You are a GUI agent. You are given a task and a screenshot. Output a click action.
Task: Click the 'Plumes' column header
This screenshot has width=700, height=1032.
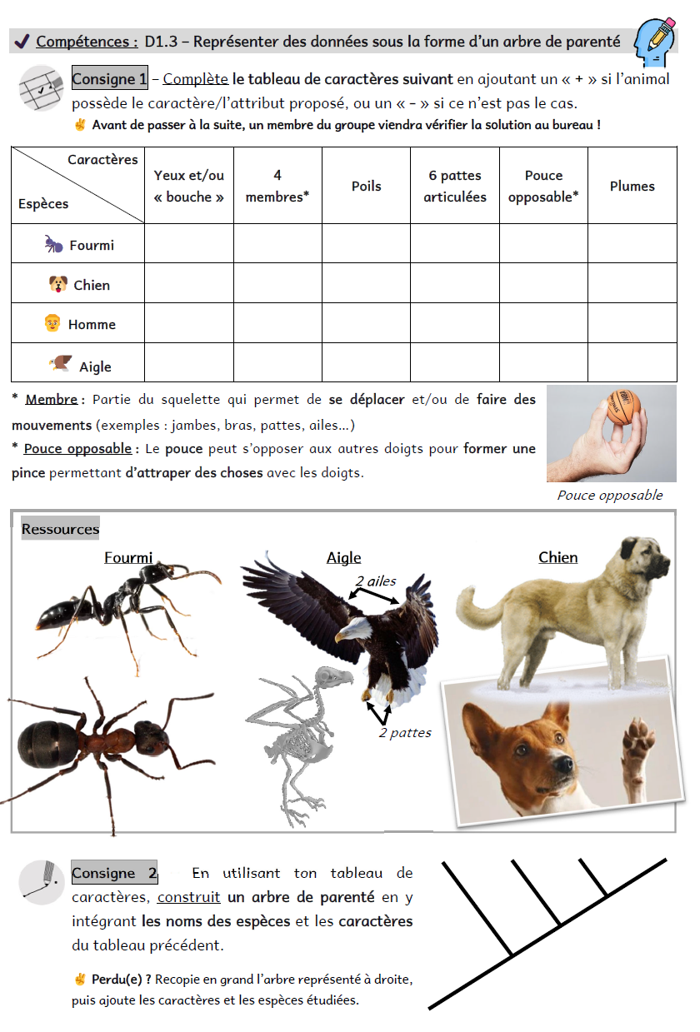coord(632,187)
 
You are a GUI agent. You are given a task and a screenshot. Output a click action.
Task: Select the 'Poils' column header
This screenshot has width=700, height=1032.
coord(366,187)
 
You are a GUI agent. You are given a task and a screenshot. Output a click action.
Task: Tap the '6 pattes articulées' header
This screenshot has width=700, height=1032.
coord(454,187)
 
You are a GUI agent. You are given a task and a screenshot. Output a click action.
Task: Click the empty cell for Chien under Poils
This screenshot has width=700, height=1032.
coord(366,284)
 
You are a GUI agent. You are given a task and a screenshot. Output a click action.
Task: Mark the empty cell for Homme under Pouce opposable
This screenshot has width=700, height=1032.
coord(543,323)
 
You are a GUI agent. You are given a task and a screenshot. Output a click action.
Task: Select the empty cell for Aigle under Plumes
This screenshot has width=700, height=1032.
coord(632,363)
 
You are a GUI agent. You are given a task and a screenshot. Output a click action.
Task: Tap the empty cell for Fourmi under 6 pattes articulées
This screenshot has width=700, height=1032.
coord(454,244)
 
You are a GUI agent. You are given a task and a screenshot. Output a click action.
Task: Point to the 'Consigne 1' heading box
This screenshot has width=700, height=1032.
coord(109,79)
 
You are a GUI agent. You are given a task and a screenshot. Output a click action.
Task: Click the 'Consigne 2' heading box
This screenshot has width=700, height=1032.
coord(114,874)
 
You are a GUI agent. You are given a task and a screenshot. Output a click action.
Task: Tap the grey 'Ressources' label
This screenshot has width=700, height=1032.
coord(60,529)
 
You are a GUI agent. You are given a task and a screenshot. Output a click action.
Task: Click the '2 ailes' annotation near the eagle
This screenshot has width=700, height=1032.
coord(376,581)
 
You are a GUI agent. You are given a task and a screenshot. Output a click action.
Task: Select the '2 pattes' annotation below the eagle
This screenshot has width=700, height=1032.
coord(405,733)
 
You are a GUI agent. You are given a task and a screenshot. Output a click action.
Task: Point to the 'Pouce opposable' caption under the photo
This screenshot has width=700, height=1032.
coord(610,496)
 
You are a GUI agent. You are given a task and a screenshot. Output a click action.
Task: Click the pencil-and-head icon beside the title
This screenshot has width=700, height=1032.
coord(654,42)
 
